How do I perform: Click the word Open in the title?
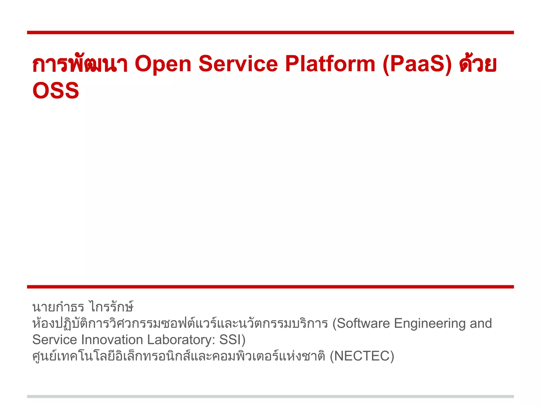[163, 64]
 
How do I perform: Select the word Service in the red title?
[238, 64]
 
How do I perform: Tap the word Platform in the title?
[330, 64]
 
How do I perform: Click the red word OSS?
[56, 90]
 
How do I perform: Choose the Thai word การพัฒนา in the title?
[80, 64]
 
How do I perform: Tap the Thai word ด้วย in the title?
[478, 64]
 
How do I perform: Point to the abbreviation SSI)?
[232, 340]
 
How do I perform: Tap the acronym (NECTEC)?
[362, 356]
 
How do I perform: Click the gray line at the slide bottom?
[270, 396]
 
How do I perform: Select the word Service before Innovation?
[54, 340]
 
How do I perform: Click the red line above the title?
[270, 33]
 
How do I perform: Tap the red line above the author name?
[270, 287]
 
